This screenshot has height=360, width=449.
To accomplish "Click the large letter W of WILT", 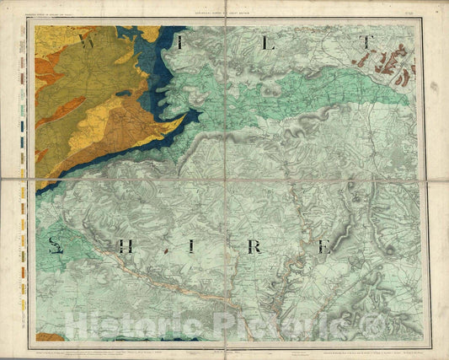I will click(86, 40).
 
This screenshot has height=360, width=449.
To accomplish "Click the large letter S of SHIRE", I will click(56, 246).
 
